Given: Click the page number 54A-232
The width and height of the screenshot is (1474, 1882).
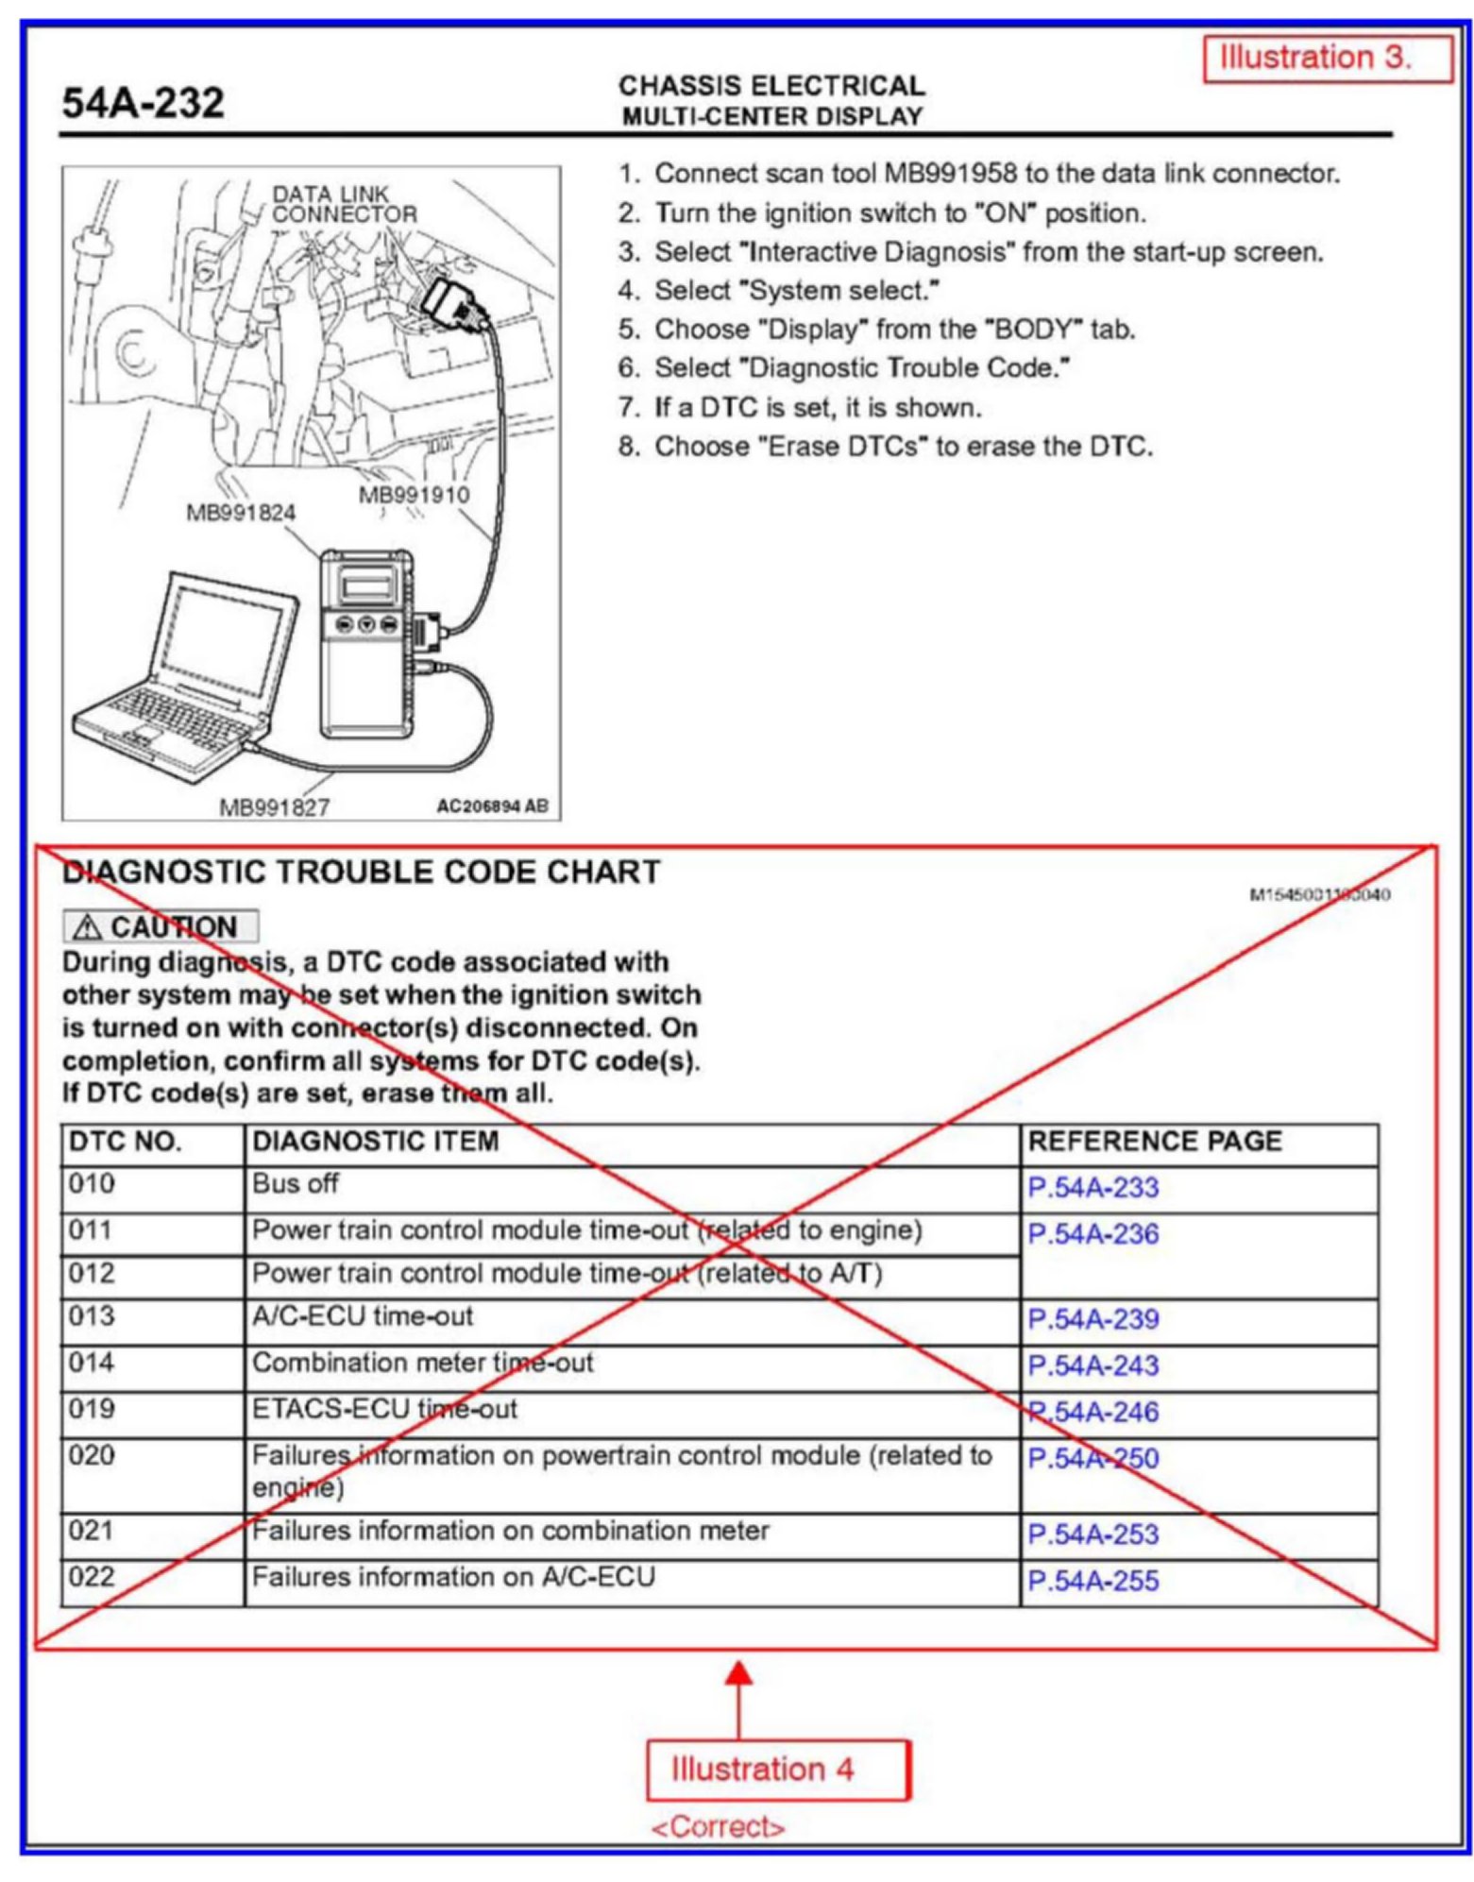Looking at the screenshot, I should coord(143,102).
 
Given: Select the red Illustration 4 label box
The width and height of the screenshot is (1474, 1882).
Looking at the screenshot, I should coord(775,1768).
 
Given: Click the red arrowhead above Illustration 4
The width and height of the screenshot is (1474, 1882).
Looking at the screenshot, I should coord(738,1674).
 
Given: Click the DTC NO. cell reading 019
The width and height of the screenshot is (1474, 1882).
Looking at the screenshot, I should coord(92,1408).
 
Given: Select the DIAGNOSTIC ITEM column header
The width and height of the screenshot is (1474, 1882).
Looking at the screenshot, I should coord(375,1141).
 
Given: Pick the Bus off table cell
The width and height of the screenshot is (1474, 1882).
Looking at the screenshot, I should coord(295,1183).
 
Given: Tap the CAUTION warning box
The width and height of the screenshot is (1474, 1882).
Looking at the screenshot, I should coord(160,926).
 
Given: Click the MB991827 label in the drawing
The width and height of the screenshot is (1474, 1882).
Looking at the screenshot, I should coord(274,807).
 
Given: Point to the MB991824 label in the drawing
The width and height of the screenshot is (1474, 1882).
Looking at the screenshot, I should coord(240,513).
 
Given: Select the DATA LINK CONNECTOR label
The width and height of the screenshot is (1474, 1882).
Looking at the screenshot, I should coord(343,204).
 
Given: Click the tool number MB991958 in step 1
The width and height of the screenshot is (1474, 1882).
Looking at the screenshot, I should coord(950,174).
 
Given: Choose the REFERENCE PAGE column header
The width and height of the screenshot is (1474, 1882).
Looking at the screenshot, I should coord(1153,1141).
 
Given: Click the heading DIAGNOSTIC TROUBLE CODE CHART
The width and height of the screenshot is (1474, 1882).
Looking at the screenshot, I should coord(361,871).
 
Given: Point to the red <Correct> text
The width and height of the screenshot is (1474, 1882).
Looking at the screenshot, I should coord(717,1826).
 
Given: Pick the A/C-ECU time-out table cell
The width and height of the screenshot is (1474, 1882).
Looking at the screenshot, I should coord(362,1315).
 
